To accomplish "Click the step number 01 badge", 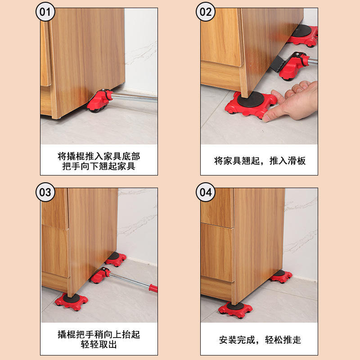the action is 45,12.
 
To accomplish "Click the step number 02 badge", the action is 206,12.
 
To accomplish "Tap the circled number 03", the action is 45,192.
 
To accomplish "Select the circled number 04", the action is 206,192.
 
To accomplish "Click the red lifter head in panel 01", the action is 99,101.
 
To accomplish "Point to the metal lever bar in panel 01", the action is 134,97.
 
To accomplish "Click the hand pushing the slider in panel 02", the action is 290,100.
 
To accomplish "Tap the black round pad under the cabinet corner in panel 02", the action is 251,99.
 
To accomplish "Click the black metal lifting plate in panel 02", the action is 278,63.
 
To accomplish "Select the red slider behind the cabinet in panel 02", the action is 303,35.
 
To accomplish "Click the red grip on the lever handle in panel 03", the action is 153,288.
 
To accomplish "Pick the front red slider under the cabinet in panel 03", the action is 71,301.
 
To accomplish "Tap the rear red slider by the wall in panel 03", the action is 116,259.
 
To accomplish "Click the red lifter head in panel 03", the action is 100,275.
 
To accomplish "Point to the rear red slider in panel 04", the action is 281,276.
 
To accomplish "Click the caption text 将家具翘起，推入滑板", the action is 260,161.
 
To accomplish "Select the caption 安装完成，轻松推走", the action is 260,340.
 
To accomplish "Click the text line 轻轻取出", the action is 99,344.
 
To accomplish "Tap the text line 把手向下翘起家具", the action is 99,166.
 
